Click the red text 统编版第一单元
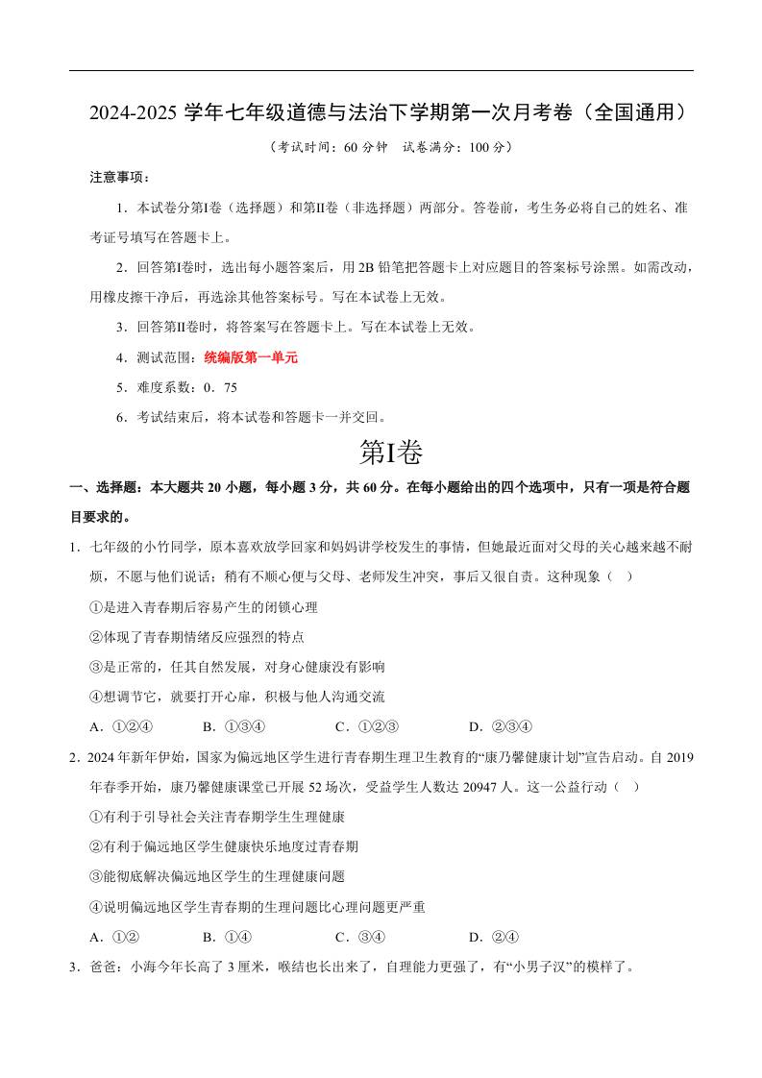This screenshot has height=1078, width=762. [251, 357]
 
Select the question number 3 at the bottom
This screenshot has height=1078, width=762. [74, 968]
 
